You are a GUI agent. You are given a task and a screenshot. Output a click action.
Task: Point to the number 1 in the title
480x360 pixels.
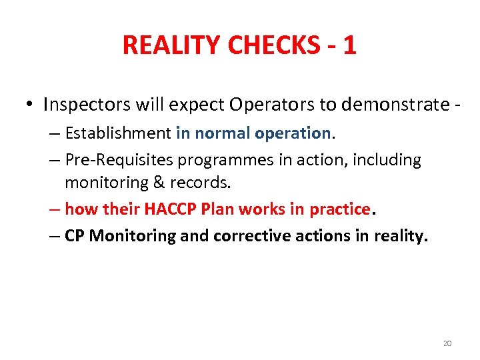(x=349, y=45)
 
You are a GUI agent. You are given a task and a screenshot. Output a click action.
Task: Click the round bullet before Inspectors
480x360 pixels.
(x=30, y=105)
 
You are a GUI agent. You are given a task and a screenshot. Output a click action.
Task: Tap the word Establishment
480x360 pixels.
(x=118, y=133)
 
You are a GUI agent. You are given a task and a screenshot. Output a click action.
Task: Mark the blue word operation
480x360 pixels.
(x=292, y=133)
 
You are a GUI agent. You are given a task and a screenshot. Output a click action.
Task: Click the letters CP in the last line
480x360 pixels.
(x=75, y=236)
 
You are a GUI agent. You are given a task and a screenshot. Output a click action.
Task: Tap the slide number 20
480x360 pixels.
(x=447, y=343)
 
